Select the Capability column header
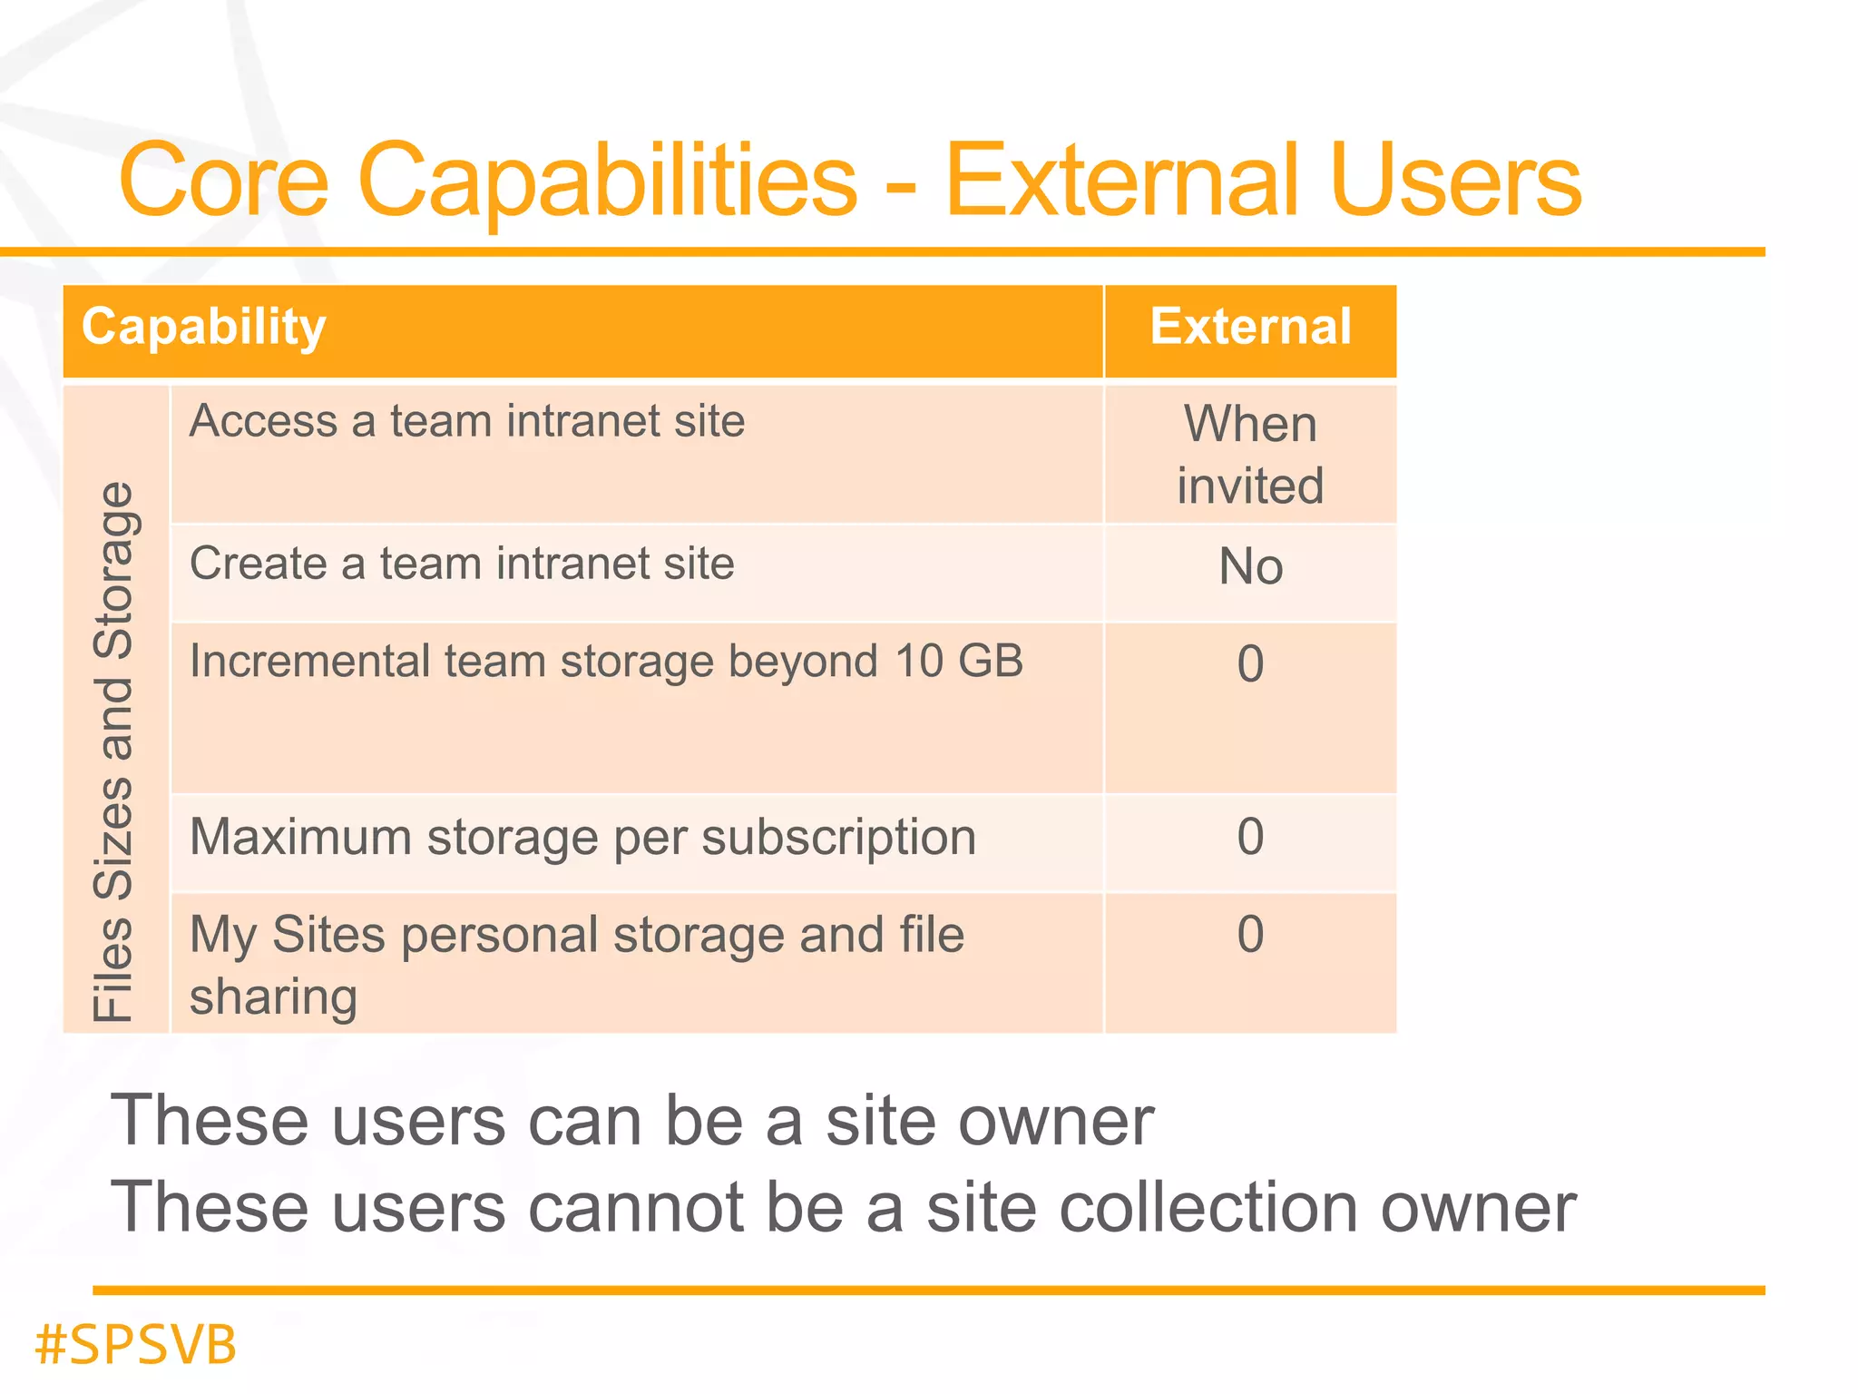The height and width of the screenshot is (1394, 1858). tap(204, 328)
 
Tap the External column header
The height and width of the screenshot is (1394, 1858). tap(1250, 328)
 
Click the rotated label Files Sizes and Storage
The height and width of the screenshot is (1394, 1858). tap(115, 751)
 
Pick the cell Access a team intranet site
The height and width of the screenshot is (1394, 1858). tap(467, 422)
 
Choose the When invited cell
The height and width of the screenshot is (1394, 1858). tap(1250, 454)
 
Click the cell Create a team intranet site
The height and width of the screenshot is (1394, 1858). tap(462, 564)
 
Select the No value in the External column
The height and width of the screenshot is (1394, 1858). tap(1250, 567)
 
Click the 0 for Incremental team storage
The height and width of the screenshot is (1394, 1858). tap(1250, 664)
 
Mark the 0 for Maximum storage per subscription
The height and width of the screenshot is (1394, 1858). tap(1250, 837)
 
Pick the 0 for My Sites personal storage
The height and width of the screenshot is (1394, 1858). tap(1250, 935)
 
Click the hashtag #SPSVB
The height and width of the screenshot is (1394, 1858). tap(136, 1345)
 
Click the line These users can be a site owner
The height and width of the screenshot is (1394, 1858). tap(632, 1122)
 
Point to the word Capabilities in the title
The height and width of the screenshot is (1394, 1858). tap(608, 182)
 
